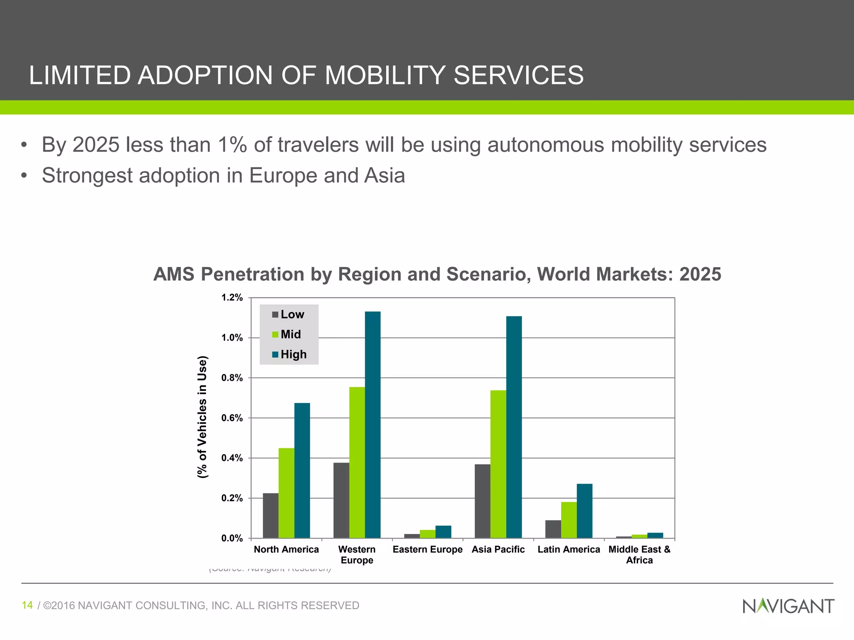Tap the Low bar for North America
(x=271, y=515)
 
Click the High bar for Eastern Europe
(x=443, y=532)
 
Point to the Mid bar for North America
(x=286, y=493)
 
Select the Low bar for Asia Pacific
(x=482, y=501)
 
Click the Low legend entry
(x=288, y=315)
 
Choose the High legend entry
(x=289, y=355)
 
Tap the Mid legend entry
(x=286, y=335)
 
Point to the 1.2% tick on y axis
(x=232, y=297)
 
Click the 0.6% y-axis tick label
(x=232, y=418)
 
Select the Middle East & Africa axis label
(x=639, y=555)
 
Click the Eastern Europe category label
(x=427, y=550)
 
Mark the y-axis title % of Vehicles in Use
(x=202, y=417)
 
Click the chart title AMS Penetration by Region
(x=437, y=275)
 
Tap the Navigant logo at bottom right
(x=788, y=606)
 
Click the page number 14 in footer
(x=27, y=605)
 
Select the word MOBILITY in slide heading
(x=385, y=75)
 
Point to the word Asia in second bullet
(x=384, y=175)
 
